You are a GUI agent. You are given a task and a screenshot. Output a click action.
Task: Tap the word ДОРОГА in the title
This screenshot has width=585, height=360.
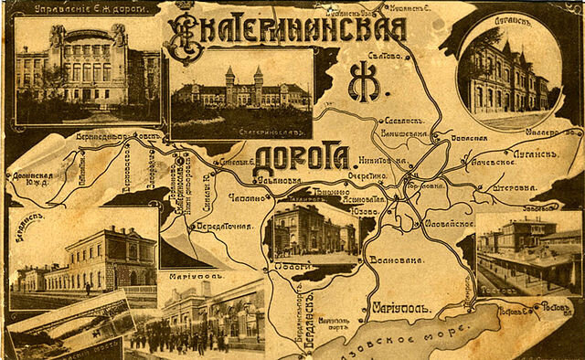coord(301,157)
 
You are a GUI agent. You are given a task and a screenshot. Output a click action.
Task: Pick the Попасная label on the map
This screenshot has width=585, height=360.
coord(472,138)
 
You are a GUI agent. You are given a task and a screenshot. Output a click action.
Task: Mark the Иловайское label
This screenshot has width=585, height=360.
coord(447,222)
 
